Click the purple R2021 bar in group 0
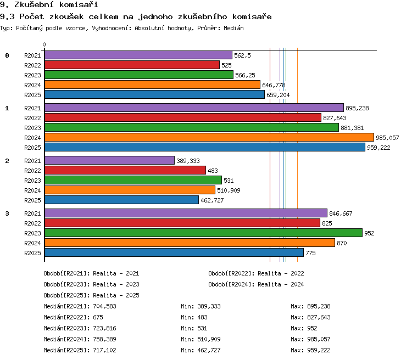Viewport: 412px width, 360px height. [138, 55]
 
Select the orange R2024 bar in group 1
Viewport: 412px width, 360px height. [209, 137]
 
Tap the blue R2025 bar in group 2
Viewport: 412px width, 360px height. [121, 200]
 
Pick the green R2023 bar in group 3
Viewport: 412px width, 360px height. [203, 233]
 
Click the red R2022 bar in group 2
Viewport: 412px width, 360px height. [125, 170]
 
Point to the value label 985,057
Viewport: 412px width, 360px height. [387, 138]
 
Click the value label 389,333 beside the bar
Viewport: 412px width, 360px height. [188, 161]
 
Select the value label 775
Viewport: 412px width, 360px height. [310, 253]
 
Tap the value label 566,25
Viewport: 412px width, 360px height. [245, 75]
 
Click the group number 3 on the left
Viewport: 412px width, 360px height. [7, 213]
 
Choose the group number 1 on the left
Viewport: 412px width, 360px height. [7, 108]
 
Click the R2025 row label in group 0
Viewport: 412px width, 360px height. [32, 95]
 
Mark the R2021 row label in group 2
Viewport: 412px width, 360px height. [32, 161]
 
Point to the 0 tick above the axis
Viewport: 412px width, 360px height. [44, 44]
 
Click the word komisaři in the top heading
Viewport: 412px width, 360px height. [79, 4]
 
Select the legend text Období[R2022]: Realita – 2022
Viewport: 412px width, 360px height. [256, 273]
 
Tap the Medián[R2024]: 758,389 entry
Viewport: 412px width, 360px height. [80, 339]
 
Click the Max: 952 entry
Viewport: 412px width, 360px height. [304, 328]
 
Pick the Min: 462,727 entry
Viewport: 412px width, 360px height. [201, 350]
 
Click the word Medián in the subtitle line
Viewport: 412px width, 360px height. [233, 28]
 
